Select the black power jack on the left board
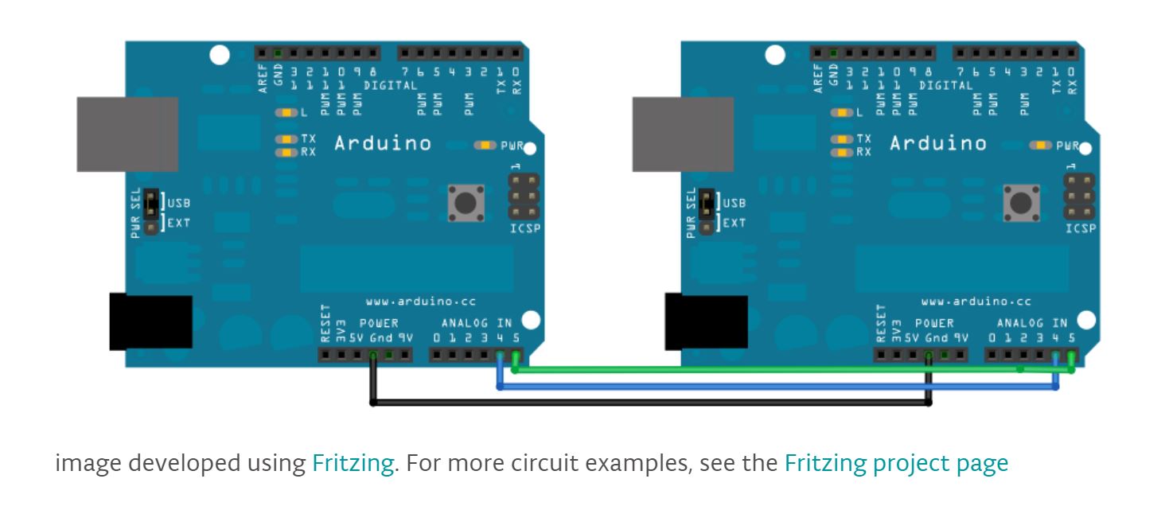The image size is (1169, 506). [x=150, y=322]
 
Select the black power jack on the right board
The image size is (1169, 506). [x=706, y=322]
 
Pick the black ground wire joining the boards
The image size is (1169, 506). [x=637, y=403]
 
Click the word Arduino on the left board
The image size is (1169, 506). [x=382, y=144]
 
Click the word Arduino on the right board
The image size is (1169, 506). [x=937, y=144]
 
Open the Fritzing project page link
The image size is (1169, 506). [x=896, y=463]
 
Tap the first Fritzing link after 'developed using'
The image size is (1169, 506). [x=353, y=463]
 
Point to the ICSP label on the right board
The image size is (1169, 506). [x=1080, y=229]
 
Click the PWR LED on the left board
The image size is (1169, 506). [x=484, y=146]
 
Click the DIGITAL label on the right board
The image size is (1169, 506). [x=945, y=85]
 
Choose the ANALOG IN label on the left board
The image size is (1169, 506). [x=477, y=323]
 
